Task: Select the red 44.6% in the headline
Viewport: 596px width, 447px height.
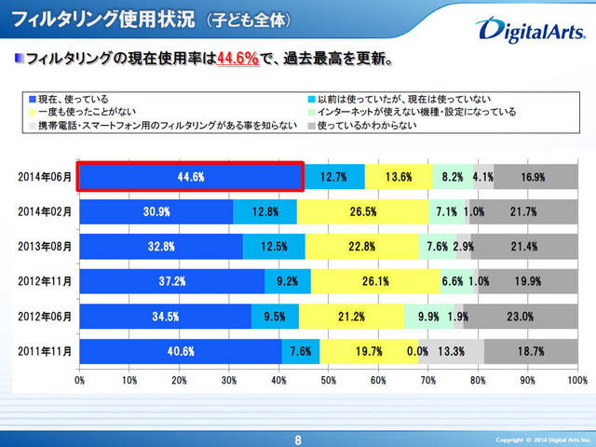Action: (237, 61)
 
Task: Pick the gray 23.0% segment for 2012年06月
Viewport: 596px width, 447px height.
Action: (520, 316)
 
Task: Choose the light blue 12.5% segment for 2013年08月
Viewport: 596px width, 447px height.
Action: (274, 246)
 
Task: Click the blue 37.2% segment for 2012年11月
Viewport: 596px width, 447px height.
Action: (171, 281)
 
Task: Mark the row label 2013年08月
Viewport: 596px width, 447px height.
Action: (44, 246)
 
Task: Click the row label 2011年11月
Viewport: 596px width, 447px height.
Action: (44, 351)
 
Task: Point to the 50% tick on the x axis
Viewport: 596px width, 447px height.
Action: (328, 380)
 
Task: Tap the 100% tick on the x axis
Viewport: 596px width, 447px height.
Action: (576, 380)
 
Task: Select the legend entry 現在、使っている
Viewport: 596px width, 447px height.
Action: (74, 98)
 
